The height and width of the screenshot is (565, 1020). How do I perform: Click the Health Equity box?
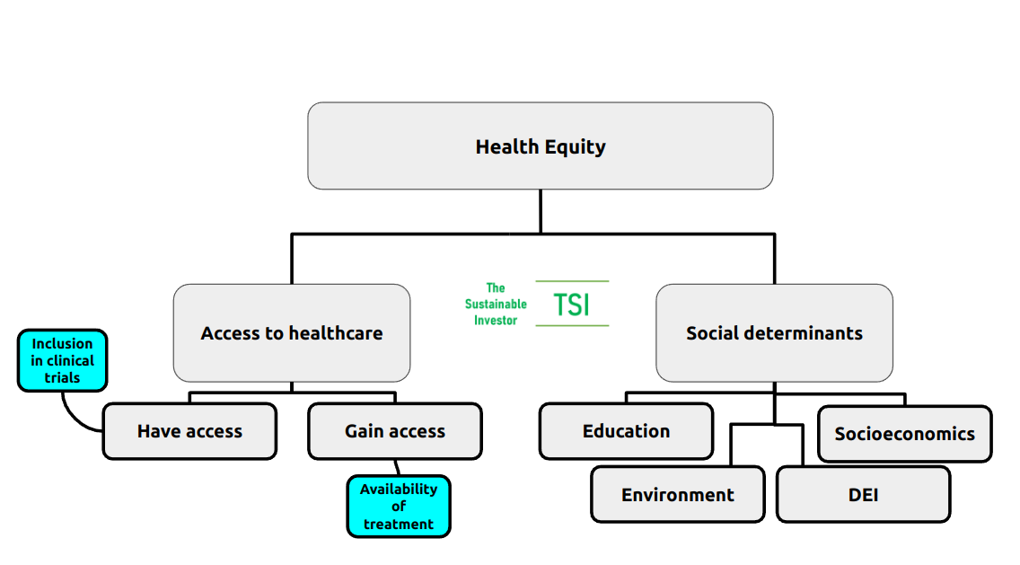tap(540, 146)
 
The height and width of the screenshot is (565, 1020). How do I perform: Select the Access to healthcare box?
tap(291, 333)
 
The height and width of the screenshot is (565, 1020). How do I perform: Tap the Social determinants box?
tap(774, 333)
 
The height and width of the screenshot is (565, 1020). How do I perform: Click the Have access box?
tap(189, 431)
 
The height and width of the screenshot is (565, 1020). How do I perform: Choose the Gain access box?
tap(394, 431)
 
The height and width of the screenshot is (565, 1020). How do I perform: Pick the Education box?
tap(626, 431)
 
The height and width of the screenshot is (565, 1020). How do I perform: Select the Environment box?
tap(677, 495)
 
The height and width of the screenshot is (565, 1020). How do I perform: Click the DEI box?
tap(863, 495)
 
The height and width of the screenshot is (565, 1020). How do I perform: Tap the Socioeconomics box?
tap(904, 434)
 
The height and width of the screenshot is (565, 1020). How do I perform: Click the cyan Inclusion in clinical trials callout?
tap(62, 360)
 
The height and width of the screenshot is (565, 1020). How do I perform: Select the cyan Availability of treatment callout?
tap(399, 507)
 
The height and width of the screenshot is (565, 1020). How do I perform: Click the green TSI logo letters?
tap(572, 305)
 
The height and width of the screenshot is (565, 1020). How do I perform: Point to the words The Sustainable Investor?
tap(496, 304)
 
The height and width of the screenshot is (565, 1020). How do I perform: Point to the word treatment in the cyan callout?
tap(399, 524)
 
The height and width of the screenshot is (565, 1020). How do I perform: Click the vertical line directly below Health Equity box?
tap(540, 211)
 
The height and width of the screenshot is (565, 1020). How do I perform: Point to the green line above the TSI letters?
tap(572, 281)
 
